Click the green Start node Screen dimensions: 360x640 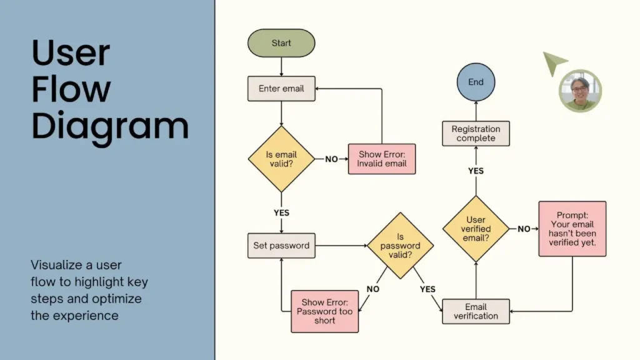coord(281,43)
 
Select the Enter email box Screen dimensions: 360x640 coord(281,89)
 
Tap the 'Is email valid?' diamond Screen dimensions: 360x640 coord(281,159)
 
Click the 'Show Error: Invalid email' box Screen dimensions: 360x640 coord(382,159)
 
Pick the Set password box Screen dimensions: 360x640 coord(281,246)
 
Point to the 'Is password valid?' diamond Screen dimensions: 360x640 coord(400,246)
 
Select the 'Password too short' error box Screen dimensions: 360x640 coord(325,311)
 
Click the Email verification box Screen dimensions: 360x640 coord(476,311)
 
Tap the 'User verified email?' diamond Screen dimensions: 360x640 coord(476,229)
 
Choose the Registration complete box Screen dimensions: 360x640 coord(476,133)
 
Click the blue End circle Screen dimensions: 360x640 coord(476,82)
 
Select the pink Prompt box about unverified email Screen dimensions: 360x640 coord(572,229)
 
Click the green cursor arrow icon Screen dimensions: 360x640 coord(553,62)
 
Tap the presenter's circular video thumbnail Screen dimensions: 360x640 coord(580,91)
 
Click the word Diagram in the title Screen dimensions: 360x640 coord(110,126)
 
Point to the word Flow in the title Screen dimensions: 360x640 coord(71,89)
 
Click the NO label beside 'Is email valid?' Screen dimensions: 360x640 coord(331,159)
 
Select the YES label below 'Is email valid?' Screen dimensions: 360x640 coord(281,212)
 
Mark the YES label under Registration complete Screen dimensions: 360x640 coord(476,171)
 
